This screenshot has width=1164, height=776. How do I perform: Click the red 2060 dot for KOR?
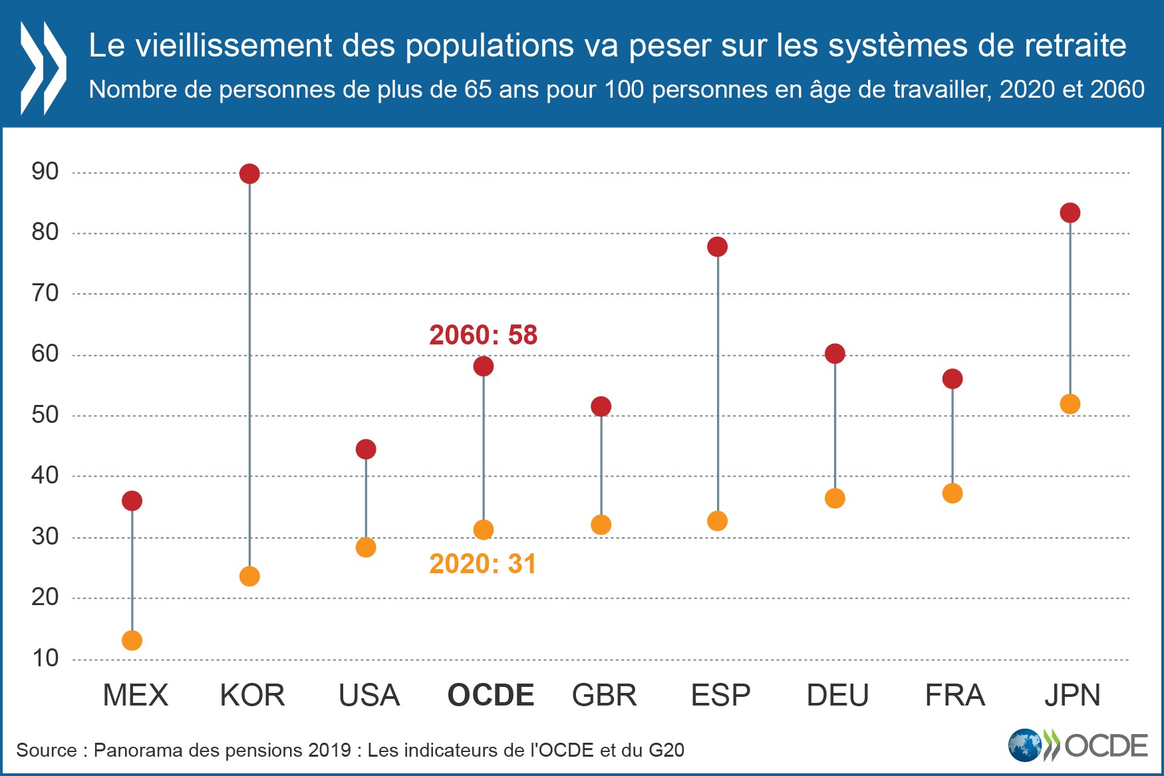coord(249,174)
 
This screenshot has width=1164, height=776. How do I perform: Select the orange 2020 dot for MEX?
coord(132,640)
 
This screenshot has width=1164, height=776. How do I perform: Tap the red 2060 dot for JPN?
coord(1070,213)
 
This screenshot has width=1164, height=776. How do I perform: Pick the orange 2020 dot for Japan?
coord(1070,404)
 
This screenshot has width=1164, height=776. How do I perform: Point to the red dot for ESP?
coord(717,247)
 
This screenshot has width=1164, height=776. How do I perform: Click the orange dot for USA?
coord(366,547)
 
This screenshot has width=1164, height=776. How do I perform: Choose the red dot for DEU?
coord(835,354)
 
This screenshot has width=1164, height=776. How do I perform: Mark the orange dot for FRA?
coord(952,493)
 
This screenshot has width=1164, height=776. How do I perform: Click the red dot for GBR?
coord(601,406)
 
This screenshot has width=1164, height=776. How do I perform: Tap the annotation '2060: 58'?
coord(483,335)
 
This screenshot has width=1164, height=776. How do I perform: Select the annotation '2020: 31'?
coord(482,564)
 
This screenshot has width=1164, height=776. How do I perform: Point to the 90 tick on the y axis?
coord(45,172)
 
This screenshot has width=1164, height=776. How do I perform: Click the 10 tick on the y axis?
coord(45,658)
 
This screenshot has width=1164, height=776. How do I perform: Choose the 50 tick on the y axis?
coord(45,415)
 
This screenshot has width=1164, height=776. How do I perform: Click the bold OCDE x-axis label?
coord(491,696)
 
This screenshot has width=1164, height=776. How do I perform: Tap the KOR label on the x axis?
coord(252,696)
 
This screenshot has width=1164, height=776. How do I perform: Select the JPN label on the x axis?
coord(1072,696)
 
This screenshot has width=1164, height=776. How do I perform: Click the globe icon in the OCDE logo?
coord(1024,745)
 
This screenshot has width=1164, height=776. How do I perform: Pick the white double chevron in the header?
coord(43,67)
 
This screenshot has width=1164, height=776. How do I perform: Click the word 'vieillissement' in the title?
coord(233,46)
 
